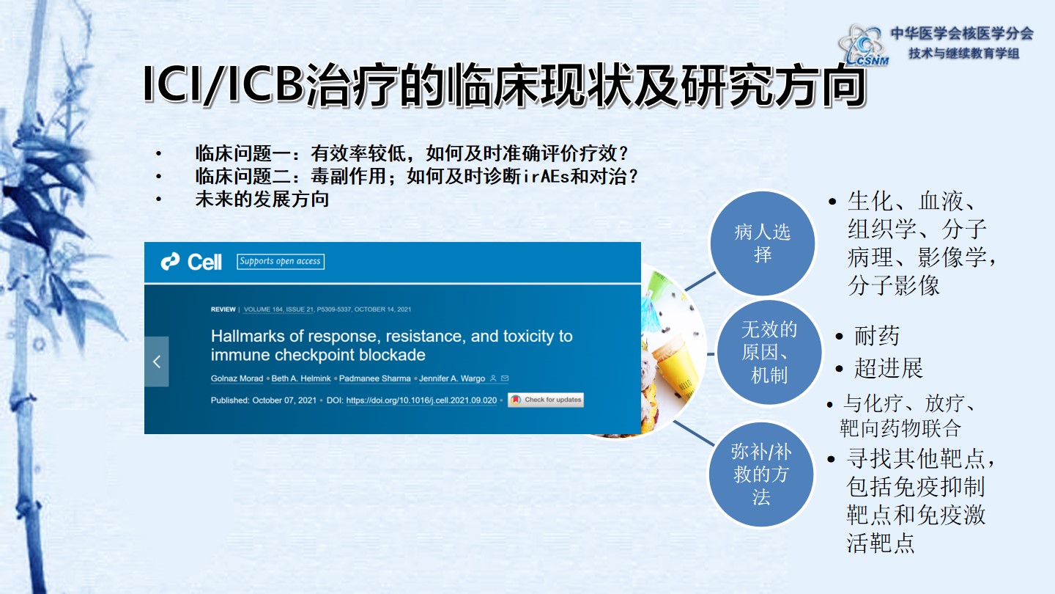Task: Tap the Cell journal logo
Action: (x=191, y=262)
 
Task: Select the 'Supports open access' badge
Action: (x=280, y=261)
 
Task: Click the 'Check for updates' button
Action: (x=545, y=400)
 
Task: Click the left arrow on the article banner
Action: (x=156, y=362)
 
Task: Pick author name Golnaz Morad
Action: (x=237, y=378)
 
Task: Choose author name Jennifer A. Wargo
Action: (x=452, y=378)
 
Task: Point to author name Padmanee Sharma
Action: (x=375, y=378)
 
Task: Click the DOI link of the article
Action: (x=421, y=400)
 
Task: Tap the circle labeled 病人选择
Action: (x=762, y=243)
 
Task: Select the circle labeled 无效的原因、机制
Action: (x=769, y=352)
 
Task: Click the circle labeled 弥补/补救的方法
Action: (x=761, y=474)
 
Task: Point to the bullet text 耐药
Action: (x=876, y=336)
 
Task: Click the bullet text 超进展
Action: (x=888, y=368)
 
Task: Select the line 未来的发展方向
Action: (x=262, y=199)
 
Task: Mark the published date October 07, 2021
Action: (x=284, y=400)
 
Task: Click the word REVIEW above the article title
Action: (x=223, y=309)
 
